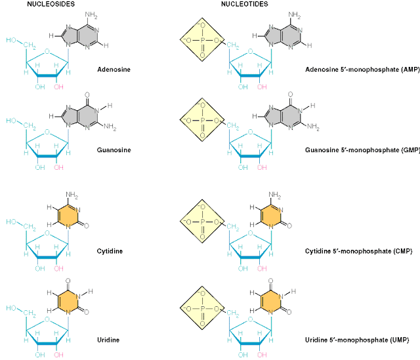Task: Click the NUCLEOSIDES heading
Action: pos(49,4)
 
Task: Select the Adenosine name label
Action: pos(114,69)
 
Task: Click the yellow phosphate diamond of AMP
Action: pos(203,41)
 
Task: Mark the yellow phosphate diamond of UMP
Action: pos(203,305)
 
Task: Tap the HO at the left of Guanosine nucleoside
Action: pos(11,120)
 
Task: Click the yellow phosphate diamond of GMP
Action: pos(203,121)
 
